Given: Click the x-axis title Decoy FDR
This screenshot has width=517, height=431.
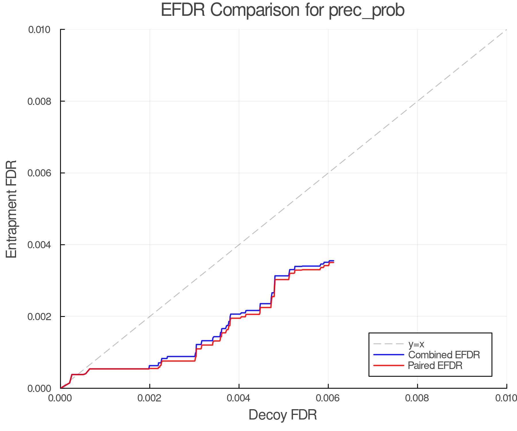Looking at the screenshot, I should coord(283,415).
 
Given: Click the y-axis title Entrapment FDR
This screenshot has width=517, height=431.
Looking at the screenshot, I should coord(11,209).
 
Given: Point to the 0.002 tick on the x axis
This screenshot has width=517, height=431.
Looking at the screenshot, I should coord(150,398).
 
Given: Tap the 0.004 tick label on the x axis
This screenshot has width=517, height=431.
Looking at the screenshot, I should coord(239,398).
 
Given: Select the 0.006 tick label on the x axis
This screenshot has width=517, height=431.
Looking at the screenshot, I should coord(328,398).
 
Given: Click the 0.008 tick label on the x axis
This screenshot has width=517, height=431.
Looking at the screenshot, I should coord(417,398).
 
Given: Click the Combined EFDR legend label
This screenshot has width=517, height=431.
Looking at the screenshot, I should coord(444,355).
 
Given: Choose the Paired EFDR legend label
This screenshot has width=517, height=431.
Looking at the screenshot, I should coord(435,365).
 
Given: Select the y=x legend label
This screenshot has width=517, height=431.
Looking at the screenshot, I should coord(416,344).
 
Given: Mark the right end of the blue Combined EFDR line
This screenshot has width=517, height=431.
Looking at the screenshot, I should coord(333,261).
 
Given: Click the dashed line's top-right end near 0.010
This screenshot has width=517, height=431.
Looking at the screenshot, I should coord(506,30).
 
